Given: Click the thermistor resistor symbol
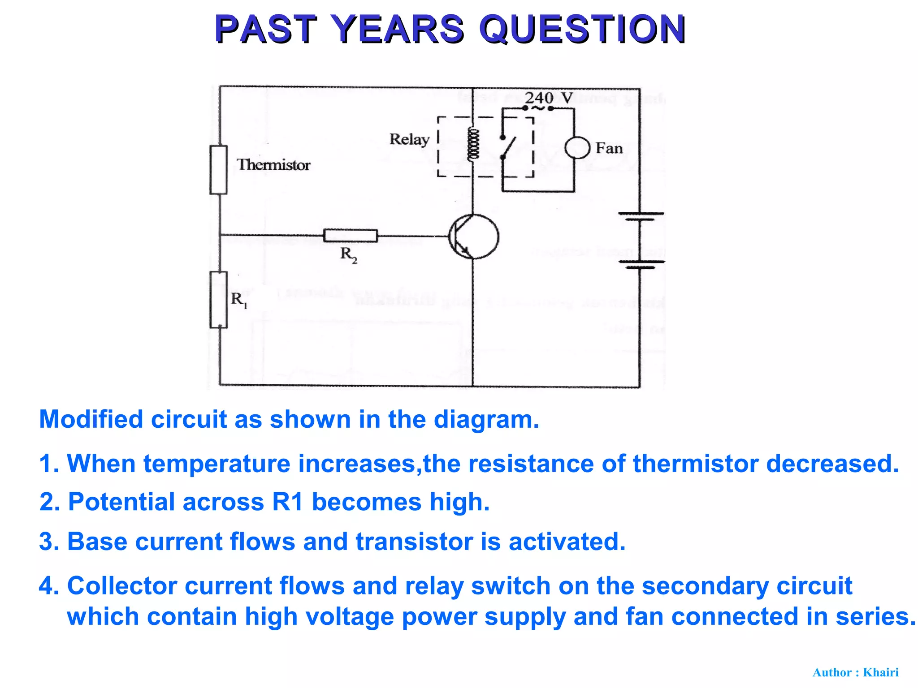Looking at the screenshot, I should tap(218, 170).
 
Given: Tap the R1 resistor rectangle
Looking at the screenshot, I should tap(218, 300).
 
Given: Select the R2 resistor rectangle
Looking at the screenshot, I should tap(351, 236).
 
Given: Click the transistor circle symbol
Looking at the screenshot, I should tap(473, 236).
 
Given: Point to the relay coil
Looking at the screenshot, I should tap(473, 144).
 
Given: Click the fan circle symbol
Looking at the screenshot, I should tap(577, 148).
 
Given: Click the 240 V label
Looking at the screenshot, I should tap(549, 97).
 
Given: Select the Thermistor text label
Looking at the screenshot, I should tap(273, 165).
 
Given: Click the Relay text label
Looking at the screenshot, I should tap(409, 139).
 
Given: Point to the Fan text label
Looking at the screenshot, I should tap(609, 148).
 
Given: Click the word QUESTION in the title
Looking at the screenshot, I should tap(582, 29).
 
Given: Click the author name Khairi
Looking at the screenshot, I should tap(880, 672).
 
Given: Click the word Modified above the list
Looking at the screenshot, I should tap(91, 420).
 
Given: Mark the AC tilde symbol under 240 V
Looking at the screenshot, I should tap(538, 108).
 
